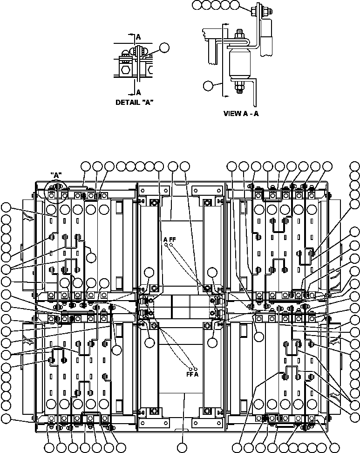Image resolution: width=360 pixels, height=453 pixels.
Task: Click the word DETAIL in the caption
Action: point(127,103)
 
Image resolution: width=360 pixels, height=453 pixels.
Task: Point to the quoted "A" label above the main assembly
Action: point(56,175)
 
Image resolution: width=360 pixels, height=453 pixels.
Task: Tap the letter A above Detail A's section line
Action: point(138,36)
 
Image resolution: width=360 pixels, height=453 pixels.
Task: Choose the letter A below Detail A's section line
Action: point(138,92)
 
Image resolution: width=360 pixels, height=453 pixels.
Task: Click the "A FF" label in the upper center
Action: point(169,239)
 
